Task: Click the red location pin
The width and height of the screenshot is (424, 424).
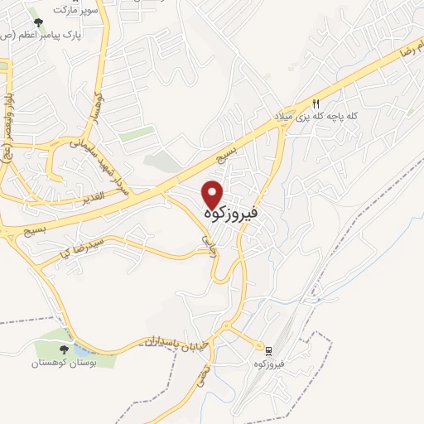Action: [x=214, y=193]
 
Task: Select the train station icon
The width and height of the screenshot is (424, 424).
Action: [x=267, y=349]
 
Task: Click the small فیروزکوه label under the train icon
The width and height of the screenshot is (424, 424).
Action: [x=270, y=364]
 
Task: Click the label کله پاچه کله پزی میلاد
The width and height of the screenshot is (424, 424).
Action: [x=318, y=117]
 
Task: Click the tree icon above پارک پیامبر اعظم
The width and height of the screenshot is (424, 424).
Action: [x=34, y=22]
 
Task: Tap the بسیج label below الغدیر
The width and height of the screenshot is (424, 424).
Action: [x=58, y=226]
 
